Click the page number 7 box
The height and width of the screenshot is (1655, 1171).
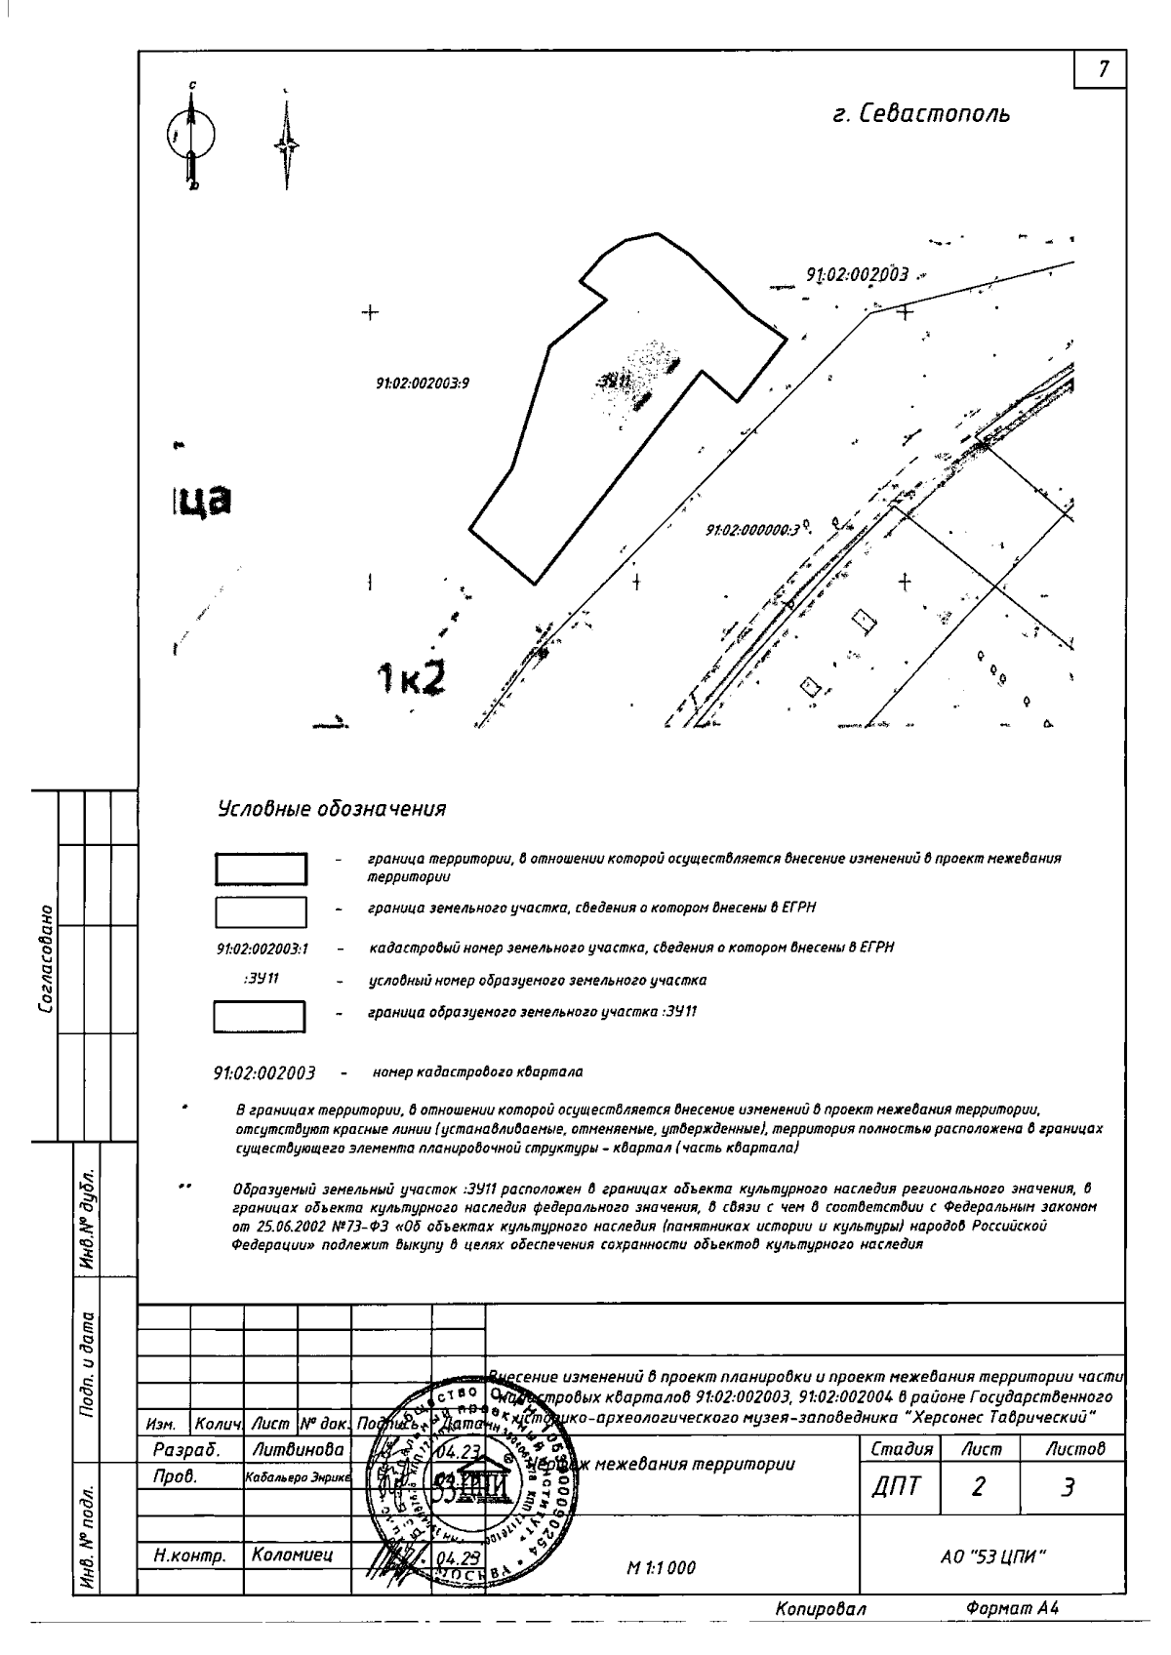(1103, 69)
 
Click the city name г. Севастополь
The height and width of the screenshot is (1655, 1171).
(921, 114)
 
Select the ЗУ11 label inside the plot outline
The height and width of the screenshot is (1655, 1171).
(614, 381)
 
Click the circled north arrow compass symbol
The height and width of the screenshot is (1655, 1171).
(191, 136)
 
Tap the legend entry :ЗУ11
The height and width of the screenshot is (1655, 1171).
(261, 979)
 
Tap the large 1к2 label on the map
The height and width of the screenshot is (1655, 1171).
(411, 678)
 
